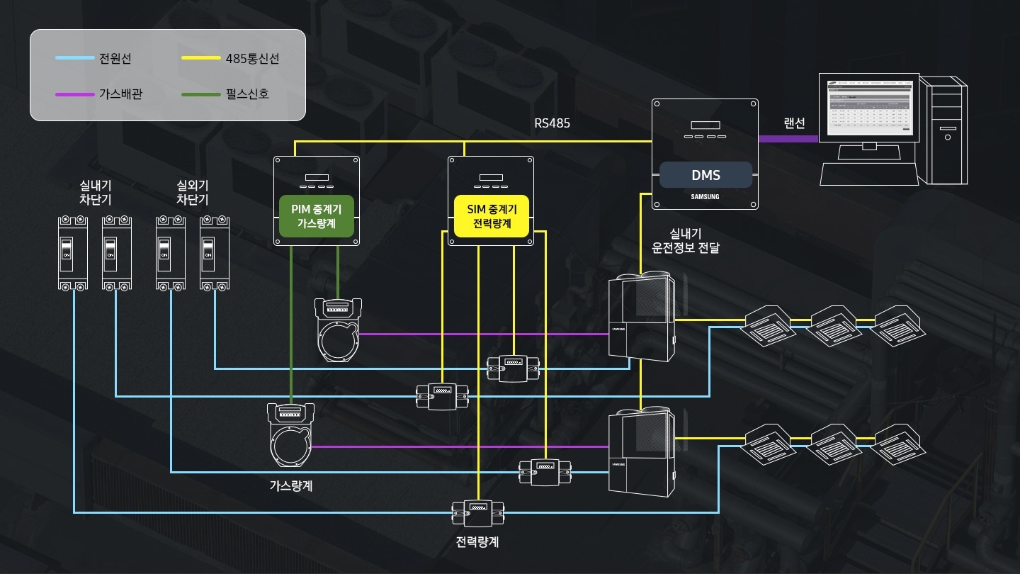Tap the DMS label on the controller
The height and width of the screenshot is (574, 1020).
point(705,175)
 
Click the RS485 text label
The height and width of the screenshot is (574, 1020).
point(552,123)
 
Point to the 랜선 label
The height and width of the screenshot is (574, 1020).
point(794,123)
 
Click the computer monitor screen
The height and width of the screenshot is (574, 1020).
point(871,108)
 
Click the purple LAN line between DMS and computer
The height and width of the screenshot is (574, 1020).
point(788,139)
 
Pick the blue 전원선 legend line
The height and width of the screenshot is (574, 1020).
point(75,58)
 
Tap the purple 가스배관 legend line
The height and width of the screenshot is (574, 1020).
point(75,94)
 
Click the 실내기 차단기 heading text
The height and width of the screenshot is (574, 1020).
point(96,192)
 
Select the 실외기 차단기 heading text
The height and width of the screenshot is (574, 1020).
point(192,192)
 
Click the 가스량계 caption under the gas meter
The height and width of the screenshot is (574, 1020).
point(290,486)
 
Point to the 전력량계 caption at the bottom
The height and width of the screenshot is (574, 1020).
point(478,542)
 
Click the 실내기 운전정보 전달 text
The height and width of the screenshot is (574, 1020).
point(685,241)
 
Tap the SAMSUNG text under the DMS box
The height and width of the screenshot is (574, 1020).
point(705,197)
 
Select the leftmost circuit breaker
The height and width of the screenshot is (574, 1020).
point(73,253)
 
